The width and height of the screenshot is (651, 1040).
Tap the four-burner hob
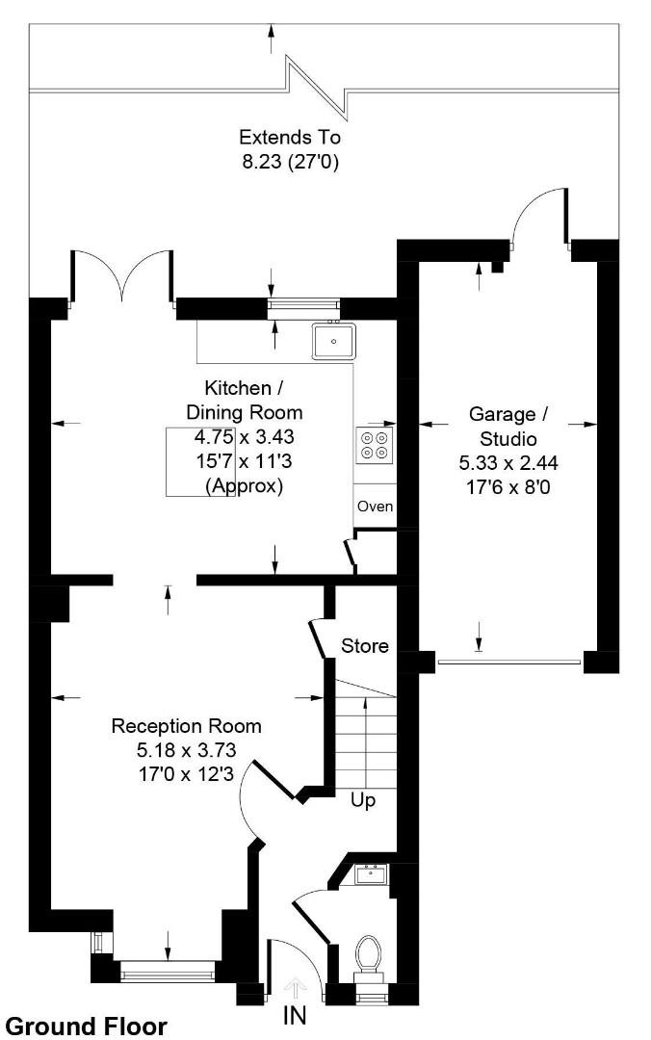pyautogui.click(x=376, y=444)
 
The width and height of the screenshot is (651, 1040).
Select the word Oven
pyautogui.click(x=375, y=506)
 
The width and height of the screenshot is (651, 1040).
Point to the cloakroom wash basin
pyautogui.click(x=371, y=874)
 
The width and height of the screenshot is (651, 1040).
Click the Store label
pyautogui.click(x=365, y=645)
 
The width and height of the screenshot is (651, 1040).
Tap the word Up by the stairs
pyautogui.click(x=363, y=800)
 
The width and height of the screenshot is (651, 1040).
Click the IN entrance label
pyautogui.click(x=297, y=1014)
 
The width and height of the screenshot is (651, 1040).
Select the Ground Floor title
pyautogui.click(x=86, y=1027)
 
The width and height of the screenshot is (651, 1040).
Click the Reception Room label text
pyautogui.click(x=186, y=726)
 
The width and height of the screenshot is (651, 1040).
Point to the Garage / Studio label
pyautogui.click(x=508, y=427)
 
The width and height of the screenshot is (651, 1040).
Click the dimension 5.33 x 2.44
pyautogui.click(x=508, y=463)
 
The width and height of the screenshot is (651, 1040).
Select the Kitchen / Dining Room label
pyautogui.click(x=244, y=401)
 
